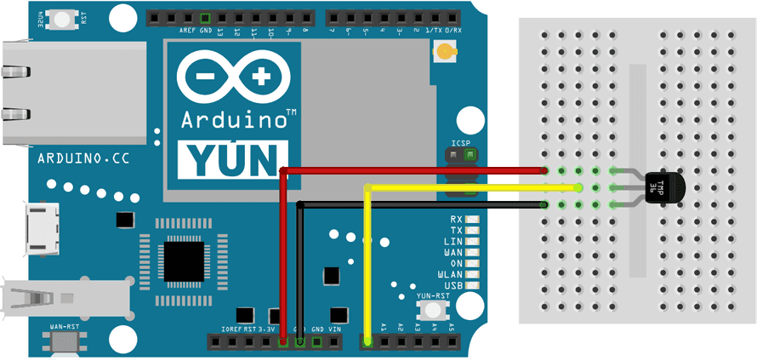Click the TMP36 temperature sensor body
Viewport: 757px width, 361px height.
pos(667,186)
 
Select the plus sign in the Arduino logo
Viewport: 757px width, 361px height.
pos(259,77)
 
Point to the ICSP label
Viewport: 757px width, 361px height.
pos(461,142)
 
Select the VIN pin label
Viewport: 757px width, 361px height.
pos(334,329)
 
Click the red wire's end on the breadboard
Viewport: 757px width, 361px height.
pos(544,171)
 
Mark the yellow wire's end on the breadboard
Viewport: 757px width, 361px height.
pos(578,187)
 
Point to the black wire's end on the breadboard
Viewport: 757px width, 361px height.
pos(544,204)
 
